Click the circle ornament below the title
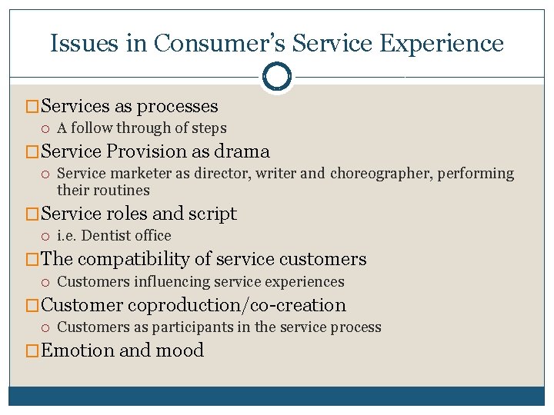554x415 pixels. (277, 77)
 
